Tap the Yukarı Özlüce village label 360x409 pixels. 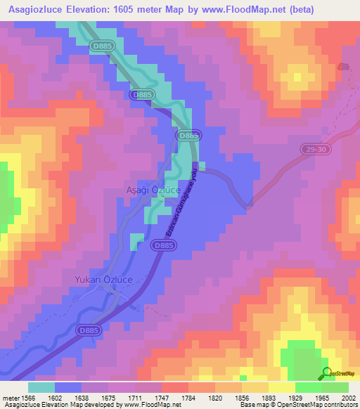click(104, 280)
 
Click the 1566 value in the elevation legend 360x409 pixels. click(28, 397)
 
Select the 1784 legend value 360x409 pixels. click(188, 397)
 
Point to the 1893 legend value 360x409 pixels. click(269, 397)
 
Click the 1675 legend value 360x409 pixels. click(108, 397)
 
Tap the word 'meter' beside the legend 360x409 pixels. click(10, 397)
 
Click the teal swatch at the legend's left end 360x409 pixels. click(41, 387)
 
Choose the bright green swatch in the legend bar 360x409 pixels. click(308, 387)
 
